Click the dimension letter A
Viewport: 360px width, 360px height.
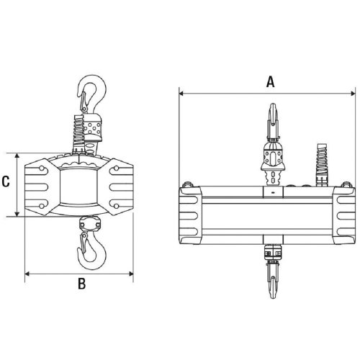point(271,82)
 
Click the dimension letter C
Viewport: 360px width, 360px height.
point(6,183)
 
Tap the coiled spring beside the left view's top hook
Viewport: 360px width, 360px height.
point(76,134)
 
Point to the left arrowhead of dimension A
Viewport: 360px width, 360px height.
point(181,93)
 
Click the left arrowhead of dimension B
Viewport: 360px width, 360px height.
point(27,272)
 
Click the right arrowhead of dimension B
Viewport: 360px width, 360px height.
point(132,272)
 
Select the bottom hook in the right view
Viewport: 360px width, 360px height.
point(272,277)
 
